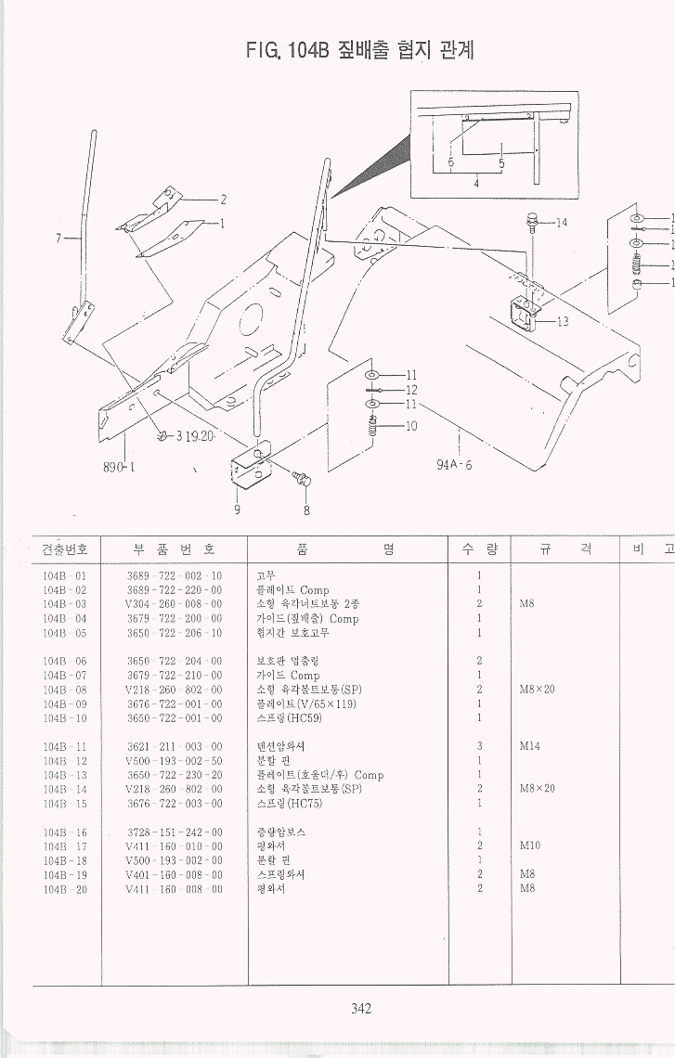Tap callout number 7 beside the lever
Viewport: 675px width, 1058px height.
59,239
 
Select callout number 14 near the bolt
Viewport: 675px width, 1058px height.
562,223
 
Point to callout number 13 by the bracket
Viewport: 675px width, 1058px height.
563,322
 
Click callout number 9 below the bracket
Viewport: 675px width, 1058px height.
237,509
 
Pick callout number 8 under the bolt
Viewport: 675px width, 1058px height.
306,510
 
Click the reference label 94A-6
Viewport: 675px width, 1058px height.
454,465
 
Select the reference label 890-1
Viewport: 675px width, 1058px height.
119,467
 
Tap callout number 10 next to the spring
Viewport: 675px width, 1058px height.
411,426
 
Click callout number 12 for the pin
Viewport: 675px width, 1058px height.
411,390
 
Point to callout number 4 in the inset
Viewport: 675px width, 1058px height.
476,184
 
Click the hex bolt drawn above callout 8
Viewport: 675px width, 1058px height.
303,479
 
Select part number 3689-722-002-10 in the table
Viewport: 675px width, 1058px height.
175,576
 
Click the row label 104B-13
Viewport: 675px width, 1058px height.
65,775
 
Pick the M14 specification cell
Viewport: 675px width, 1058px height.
530,746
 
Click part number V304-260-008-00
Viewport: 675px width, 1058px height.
175,604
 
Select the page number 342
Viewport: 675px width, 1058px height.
361,1009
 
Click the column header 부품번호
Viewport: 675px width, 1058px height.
175,548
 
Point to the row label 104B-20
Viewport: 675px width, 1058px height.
65,888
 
